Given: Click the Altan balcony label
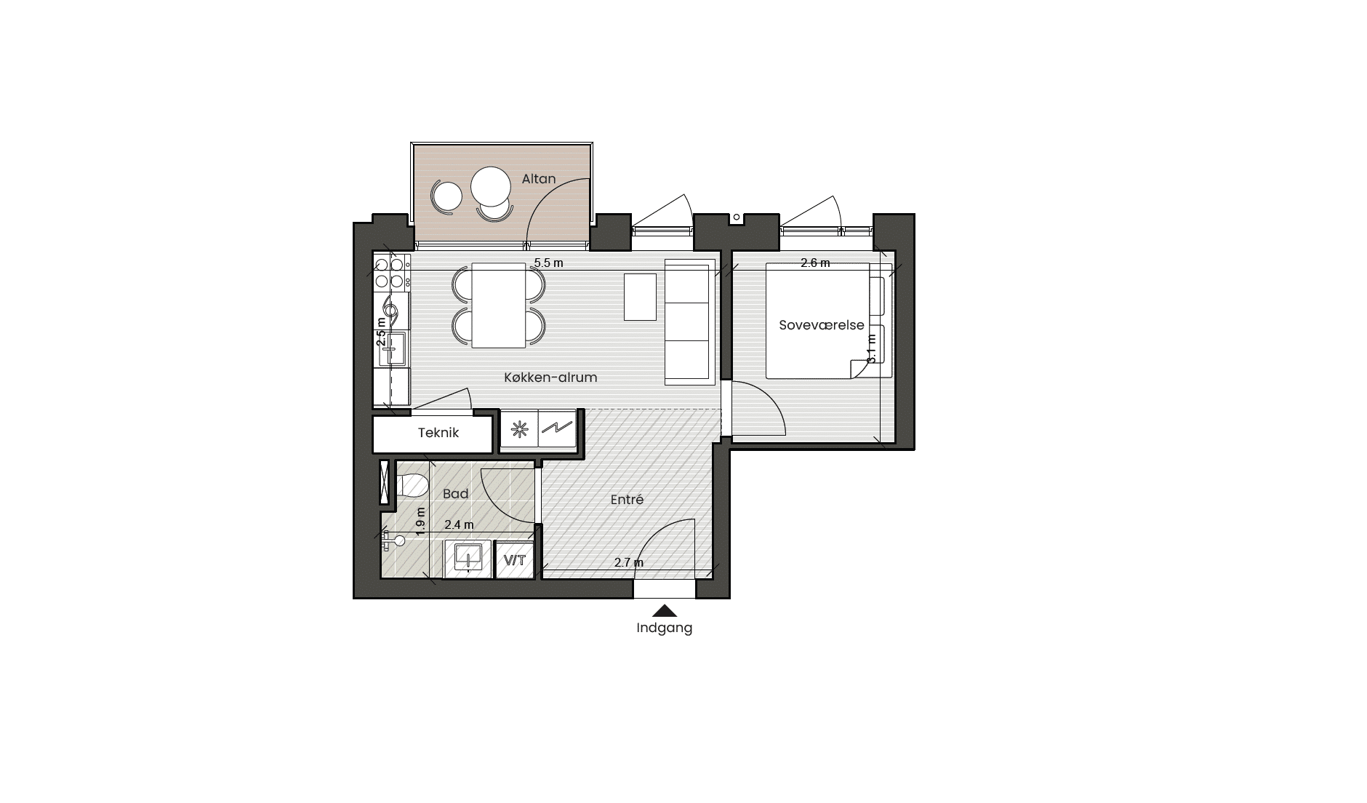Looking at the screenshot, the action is [x=538, y=179].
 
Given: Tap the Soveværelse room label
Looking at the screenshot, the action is [x=821, y=325].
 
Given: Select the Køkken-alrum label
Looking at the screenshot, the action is [x=550, y=377].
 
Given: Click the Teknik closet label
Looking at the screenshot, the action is [x=438, y=433].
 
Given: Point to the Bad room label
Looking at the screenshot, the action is [x=456, y=494].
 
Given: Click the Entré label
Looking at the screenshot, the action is [x=627, y=500].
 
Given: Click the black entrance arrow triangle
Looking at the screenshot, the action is [x=665, y=611].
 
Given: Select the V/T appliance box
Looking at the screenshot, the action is [x=515, y=560].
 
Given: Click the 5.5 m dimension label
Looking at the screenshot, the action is [x=548, y=263].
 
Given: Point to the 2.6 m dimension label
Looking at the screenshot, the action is [x=815, y=263].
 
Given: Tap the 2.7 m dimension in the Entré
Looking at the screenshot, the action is [x=629, y=563].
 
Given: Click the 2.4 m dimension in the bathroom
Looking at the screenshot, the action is [x=459, y=525].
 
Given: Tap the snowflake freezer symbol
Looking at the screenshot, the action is [x=519, y=430].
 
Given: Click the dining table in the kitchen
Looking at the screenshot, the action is [x=499, y=305].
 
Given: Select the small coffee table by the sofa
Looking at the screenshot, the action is [x=640, y=297].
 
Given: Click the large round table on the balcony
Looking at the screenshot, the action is [x=492, y=187].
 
